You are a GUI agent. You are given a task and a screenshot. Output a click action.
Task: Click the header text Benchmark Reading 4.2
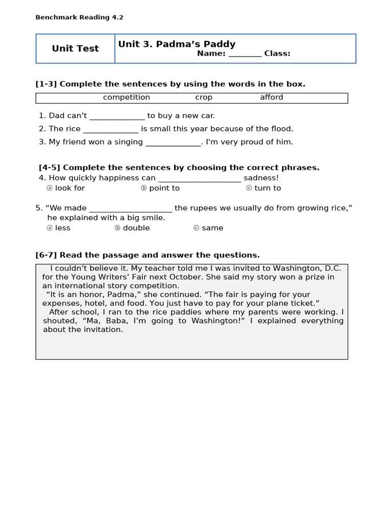coord(79,17)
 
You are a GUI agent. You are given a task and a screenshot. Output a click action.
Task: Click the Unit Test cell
coord(75,49)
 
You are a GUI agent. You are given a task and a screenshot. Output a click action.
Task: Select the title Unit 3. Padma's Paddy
coord(177,44)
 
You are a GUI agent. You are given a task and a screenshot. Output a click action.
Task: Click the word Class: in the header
coord(277,54)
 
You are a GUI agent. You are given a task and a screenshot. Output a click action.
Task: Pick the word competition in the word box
coord(127,98)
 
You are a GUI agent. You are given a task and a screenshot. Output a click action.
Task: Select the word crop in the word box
coord(204,98)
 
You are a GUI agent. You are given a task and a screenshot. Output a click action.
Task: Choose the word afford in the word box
coord(272,98)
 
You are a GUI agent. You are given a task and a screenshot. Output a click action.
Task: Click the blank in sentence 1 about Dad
coord(117,116)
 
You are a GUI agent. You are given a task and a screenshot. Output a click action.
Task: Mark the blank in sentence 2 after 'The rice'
coord(110,129)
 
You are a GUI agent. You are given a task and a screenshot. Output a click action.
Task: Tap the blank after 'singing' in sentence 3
coord(173,142)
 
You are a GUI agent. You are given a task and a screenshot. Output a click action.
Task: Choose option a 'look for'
coord(66,188)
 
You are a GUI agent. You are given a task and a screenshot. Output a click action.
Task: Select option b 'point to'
coord(160,188)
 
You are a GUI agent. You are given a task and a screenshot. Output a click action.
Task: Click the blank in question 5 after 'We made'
coord(131,208)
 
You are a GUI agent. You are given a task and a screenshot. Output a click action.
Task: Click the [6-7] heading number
coord(46,255)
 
